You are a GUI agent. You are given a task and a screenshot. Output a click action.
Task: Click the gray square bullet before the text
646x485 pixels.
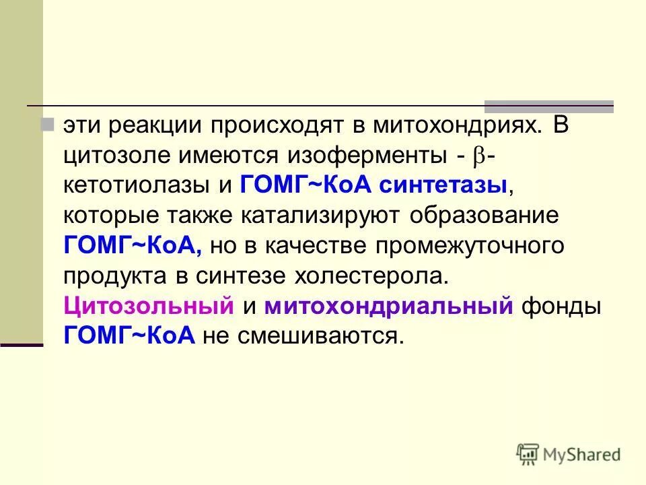(47, 125)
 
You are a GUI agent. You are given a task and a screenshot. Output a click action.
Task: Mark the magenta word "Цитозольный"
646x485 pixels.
(149, 305)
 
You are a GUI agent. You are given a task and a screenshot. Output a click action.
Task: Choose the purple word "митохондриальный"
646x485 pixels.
(389, 305)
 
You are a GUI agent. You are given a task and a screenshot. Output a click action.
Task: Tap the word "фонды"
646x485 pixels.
(561, 305)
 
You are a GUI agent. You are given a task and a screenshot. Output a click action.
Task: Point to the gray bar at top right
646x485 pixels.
(549, 106)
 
